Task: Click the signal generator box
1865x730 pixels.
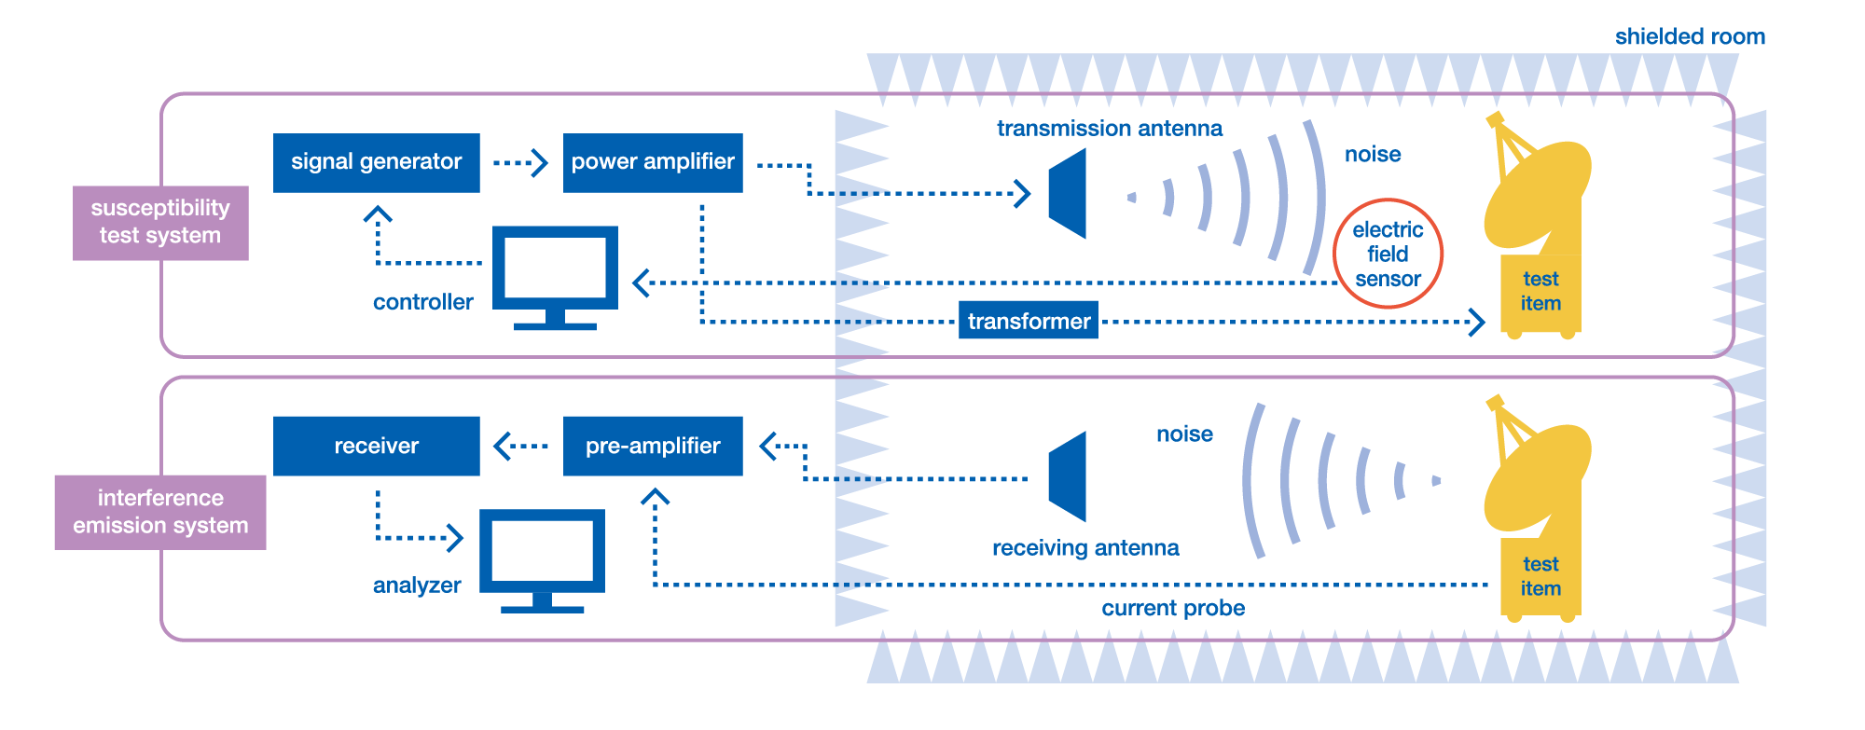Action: [x=376, y=162]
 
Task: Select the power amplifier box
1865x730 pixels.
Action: [x=653, y=162]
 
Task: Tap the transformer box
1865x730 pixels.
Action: [x=1028, y=321]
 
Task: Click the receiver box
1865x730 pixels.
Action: [x=376, y=446]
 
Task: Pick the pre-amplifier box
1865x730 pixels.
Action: [x=653, y=446]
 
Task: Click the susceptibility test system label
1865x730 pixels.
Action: [x=160, y=222]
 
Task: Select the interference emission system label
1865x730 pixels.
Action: [x=160, y=512]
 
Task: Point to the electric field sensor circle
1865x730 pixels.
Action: [x=1388, y=254]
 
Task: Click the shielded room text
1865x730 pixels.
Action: [x=1690, y=36]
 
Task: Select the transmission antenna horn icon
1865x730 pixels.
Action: [x=1070, y=194]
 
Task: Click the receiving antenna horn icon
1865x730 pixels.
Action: [x=1070, y=476]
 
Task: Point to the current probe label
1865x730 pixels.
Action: [x=1173, y=608]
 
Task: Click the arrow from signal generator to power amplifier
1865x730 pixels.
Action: [x=521, y=163]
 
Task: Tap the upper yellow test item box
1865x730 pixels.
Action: [x=1540, y=293]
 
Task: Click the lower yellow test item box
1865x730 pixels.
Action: [x=1540, y=577]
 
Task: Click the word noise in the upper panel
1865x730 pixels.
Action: [x=1373, y=154]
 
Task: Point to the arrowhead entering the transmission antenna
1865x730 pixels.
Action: [x=1023, y=194]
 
